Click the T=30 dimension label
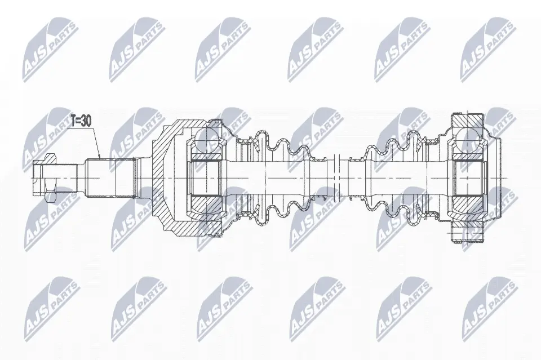coord(81,121)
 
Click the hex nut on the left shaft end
coord(50,178)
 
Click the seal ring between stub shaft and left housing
coord(135,178)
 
